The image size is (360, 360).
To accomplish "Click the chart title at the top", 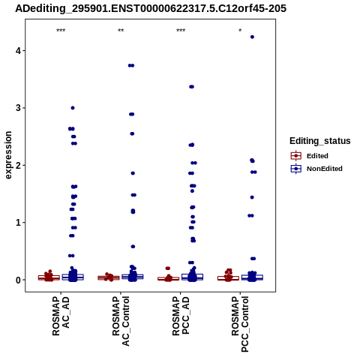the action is coord(151,9).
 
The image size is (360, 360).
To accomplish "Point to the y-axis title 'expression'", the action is coord(8,155).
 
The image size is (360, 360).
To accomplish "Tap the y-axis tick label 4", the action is coord(18,51).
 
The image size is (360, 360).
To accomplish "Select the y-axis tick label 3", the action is coord(18,108).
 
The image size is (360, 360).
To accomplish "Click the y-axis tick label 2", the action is coord(18,165).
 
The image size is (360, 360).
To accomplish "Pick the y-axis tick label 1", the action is coord(18,223).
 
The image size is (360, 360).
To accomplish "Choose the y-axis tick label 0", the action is coord(18,280).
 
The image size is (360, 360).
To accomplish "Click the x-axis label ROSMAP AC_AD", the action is coord(61,316).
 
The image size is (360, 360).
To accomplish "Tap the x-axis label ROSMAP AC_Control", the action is coord(121,321).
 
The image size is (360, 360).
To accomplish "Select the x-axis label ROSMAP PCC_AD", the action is coord(181,316).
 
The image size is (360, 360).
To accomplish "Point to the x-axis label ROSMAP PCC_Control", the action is coord(240,324).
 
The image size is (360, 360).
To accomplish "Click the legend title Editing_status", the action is coord(320,141).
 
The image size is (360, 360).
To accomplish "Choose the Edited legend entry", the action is coord(310,156).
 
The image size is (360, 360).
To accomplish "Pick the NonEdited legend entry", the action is coord(316,169).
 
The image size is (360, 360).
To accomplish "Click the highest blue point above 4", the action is coord(252,37).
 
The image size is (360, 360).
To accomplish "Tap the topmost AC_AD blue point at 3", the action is coord(73,108).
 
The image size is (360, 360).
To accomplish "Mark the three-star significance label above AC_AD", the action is coord(61,31).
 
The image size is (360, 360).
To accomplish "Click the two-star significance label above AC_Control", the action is coord(121,31).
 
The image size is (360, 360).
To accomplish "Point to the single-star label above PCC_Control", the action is coord(240,31).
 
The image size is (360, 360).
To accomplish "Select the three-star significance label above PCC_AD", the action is coord(181,31).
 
